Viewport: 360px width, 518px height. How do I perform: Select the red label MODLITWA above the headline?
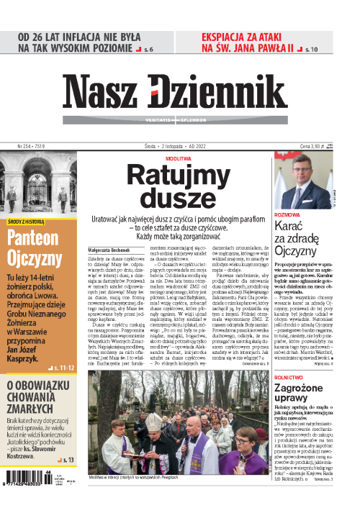pos(178,156)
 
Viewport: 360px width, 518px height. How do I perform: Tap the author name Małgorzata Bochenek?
pos(108,247)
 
